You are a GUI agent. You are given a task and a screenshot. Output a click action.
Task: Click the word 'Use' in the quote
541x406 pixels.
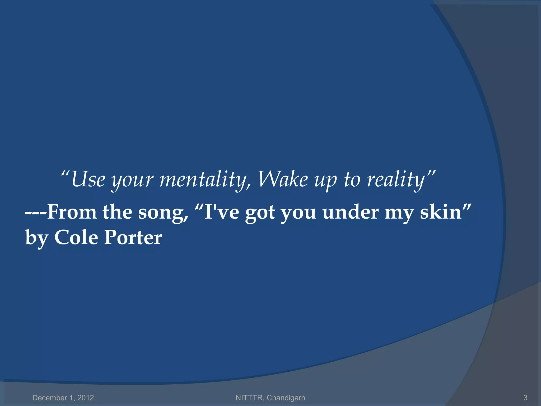click(x=88, y=179)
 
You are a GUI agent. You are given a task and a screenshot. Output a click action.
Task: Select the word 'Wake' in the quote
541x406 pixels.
click(x=283, y=179)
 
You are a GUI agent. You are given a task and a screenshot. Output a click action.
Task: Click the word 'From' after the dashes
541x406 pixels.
click(x=72, y=212)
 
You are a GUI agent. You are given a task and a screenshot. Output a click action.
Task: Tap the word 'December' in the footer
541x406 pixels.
click(x=50, y=398)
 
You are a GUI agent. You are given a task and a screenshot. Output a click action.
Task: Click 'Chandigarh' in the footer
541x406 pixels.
click(x=286, y=398)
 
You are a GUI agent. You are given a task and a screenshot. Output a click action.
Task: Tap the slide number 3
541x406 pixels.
click(x=525, y=398)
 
